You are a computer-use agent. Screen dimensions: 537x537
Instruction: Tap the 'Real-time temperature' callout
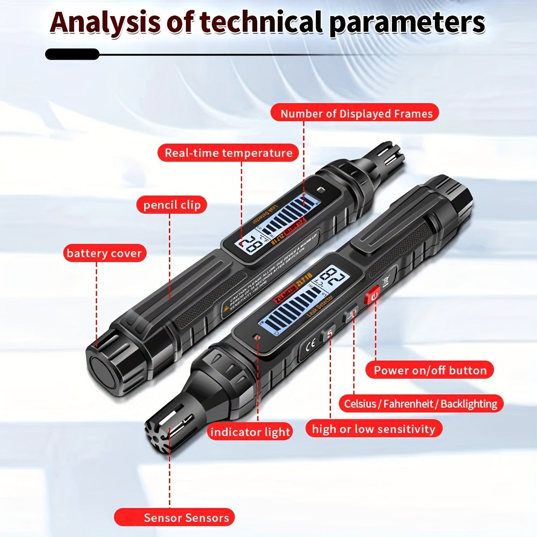pyautogui.click(x=228, y=153)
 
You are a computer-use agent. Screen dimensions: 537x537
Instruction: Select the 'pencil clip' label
pyautogui.click(x=171, y=205)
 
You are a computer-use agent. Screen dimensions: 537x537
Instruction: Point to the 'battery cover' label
pyautogui.click(x=104, y=253)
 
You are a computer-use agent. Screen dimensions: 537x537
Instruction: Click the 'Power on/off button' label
pyautogui.click(x=430, y=370)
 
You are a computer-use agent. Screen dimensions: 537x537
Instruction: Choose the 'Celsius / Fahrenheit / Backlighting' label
pyautogui.click(x=420, y=403)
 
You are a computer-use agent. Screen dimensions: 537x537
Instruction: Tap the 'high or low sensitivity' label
pyautogui.click(x=374, y=429)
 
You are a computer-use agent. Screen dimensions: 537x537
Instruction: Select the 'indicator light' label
pyautogui.click(x=250, y=432)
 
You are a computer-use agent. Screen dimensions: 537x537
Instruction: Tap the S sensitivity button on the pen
pyautogui.click(x=330, y=335)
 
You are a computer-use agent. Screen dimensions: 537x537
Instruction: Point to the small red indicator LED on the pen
pyautogui.click(x=258, y=338)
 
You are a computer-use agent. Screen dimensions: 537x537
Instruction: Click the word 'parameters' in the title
pyautogui.click(x=407, y=23)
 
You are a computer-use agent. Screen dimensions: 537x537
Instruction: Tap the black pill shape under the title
pyautogui.click(x=72, y=54)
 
